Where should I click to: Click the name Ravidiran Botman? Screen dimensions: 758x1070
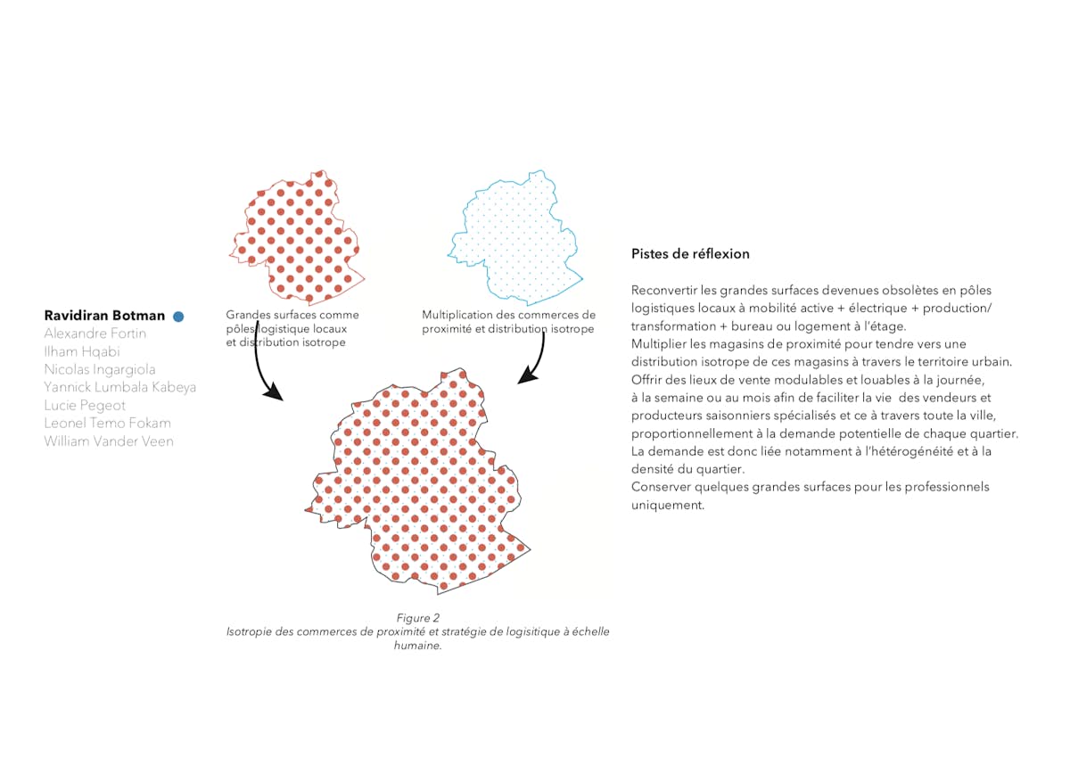(x=104, y=316)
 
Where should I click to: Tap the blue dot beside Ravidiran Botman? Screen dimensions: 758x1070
(x=178, y=316)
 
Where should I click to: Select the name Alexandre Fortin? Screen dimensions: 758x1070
(x=95, y=334)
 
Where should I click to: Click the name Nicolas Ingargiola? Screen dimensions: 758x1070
(x=100, y=369)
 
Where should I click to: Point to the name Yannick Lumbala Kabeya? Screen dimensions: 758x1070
(x=120, y=387)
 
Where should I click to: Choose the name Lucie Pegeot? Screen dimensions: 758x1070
(x=85, y=406)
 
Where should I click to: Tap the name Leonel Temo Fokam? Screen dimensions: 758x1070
(x=107, y=424)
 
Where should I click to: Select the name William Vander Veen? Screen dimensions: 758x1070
(x=109, y=441)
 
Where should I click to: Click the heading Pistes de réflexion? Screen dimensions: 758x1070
(x=690, y=254)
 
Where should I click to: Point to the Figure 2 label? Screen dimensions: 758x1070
(x=418, y=618)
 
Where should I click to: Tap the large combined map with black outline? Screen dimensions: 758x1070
(x=419, y=482)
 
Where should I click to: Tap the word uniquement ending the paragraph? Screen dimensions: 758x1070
(x=667, y=505)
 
